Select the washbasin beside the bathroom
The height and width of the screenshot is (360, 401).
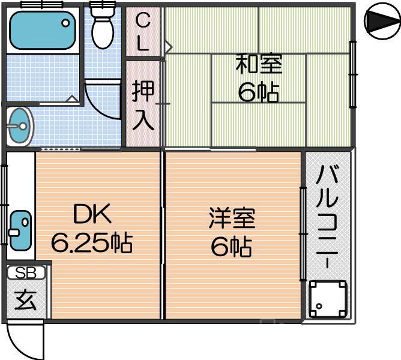point(20,126)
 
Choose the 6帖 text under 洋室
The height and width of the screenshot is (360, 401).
point(232,247)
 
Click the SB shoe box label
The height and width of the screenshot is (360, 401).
point(26,273)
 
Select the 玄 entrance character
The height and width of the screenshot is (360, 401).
point(26,300)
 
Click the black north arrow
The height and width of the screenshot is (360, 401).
point(379,23)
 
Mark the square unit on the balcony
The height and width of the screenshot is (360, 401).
point(328,299)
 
